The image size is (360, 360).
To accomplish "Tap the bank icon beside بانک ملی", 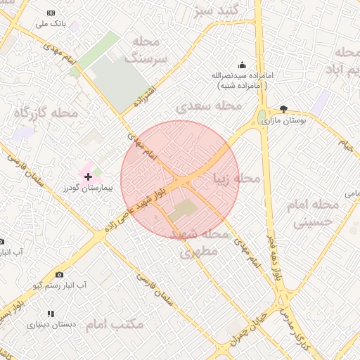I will coord(51,13).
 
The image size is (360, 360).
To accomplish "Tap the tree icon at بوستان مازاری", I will coord(283,109).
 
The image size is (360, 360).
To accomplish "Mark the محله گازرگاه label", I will coord(45,112).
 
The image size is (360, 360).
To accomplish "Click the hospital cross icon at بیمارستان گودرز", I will coord(88,176).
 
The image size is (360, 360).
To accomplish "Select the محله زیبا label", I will coord(237,178).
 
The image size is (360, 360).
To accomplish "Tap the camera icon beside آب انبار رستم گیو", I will coord(59,274).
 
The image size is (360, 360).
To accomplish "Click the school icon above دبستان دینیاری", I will coord(50,314).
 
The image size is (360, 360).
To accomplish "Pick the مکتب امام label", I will coord(115,324).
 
